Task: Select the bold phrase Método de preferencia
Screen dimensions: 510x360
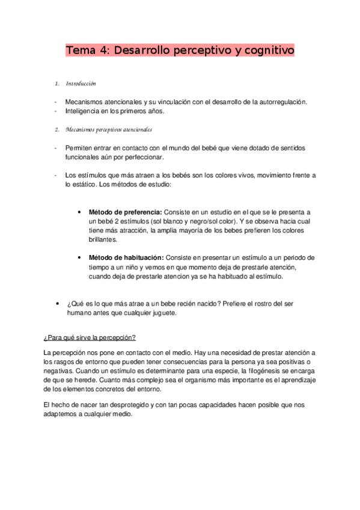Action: (125, 212)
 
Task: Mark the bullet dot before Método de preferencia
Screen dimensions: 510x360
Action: (80, 212)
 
